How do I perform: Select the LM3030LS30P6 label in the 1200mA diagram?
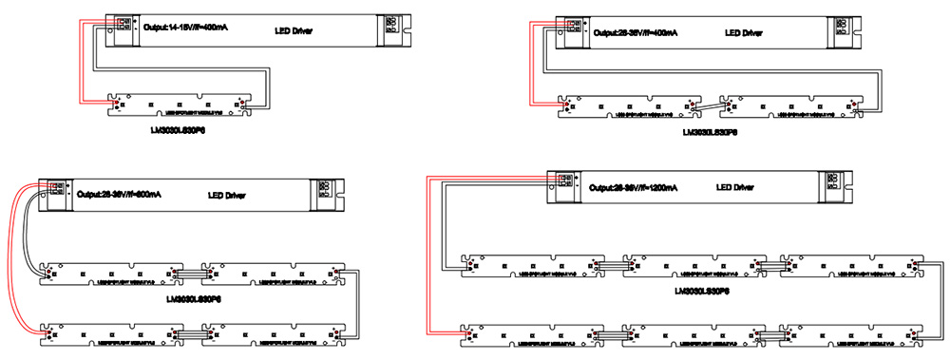(701, 290)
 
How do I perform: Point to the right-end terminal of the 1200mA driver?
(835, 181)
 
